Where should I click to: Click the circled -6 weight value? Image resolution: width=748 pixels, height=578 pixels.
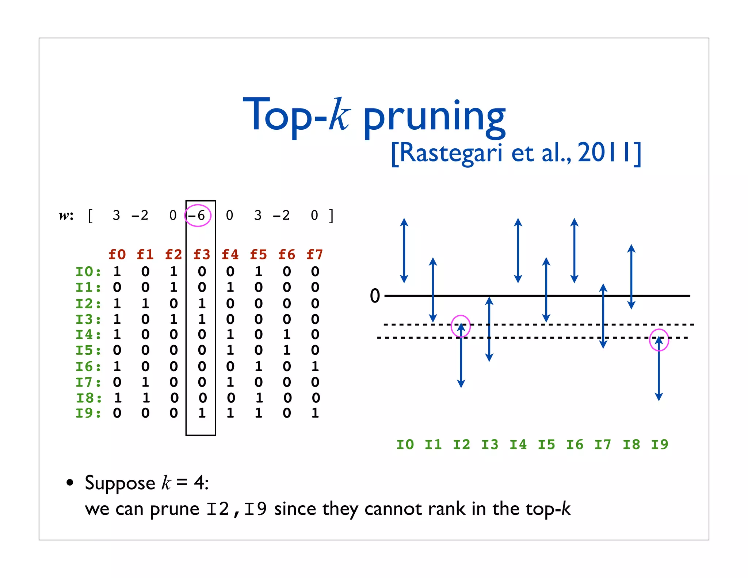click(x=198, y=216)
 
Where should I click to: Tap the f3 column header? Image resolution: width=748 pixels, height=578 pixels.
click(x=202, y=254)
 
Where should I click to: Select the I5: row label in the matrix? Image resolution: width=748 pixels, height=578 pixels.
click(x=88, y=350)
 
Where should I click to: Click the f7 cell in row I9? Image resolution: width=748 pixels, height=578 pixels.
click(x=315, y=413)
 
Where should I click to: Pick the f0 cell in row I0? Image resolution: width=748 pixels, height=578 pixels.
click(x=117, y=271)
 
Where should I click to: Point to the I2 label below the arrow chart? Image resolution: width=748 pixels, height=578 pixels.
click(x=461, y=445)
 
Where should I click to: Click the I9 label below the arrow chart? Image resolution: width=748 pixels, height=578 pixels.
click(x=659, y=445)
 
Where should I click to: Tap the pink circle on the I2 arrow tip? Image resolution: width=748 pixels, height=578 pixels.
click(x=461, y=326)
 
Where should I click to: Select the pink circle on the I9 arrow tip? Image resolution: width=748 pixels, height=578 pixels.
click(x=659, y=340)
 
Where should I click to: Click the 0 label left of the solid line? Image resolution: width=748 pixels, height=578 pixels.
click(x=375, y=296)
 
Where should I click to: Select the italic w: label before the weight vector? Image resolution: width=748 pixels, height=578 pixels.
click(x=66, y=216)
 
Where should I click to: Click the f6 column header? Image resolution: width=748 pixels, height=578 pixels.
click(x=286, y=254)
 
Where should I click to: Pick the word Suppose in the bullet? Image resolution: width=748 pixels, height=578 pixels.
click(x=120, y=483)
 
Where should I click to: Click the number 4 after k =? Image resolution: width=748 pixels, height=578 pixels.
click(x=199, y=483)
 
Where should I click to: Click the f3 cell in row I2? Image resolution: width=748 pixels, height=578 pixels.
click(x=202, y=304)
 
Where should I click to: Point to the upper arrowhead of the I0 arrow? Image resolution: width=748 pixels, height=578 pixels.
click(x=404, y=222)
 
